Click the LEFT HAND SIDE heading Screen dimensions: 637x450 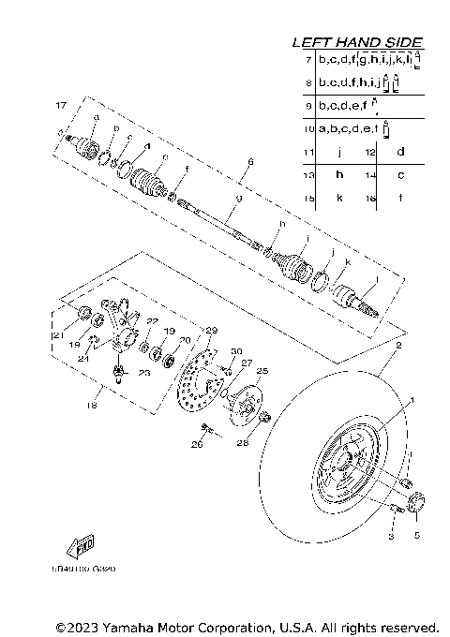[357, 42]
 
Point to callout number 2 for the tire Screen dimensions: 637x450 [397, 346]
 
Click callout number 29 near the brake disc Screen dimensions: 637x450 [211, 331]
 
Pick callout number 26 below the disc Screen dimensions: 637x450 [197, 445]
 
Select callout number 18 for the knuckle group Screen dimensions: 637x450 [90, 405]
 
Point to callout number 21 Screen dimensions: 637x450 [55, 335]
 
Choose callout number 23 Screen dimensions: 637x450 [144, 373]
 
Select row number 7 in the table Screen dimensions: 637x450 [307, 59]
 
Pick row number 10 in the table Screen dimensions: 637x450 [306, 128]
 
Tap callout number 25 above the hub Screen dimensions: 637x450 [262, 371]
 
